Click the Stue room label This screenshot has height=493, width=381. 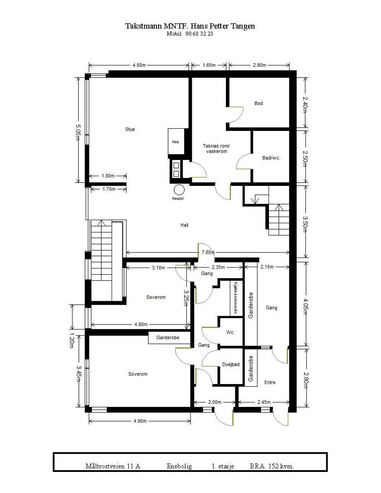pos(130,130)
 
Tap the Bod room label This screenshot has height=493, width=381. pos(259,104)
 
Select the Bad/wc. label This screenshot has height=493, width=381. pos(271,158)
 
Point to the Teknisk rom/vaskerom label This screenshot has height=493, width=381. pos(216,149)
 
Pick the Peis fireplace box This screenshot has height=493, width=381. pos(175,143)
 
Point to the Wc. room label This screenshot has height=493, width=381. pos(230,332)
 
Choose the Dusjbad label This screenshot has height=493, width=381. pos(230,365)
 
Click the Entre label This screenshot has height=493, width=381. pos(270,382)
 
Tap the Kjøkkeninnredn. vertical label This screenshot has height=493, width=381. pos(235,298)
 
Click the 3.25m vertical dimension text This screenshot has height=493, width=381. pos(187,297)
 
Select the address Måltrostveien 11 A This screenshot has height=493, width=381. pos(113,466)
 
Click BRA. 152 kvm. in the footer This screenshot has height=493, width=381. pos(272,466)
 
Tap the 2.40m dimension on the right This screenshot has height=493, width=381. pos(305,104)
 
